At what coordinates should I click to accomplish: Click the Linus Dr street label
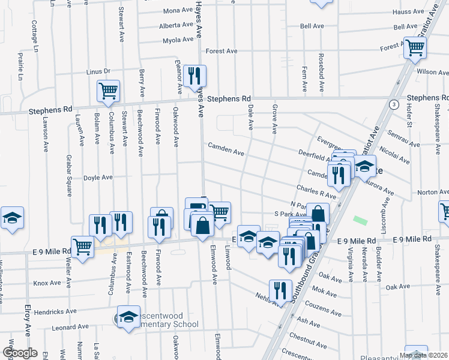click(x=98, y=71)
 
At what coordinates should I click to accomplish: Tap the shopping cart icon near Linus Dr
click(x=108, y=92)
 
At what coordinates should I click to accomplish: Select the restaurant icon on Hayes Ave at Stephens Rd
click(x=194, y=76)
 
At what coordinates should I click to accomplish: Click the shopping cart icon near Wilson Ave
click(x=415, y=49)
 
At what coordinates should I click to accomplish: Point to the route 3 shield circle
click(x=393, y=104)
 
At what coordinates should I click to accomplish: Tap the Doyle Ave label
click(x=98, y=178)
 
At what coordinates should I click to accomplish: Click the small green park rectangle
click(x=360, y=221)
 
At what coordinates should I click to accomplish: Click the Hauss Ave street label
click(x=408, y=11)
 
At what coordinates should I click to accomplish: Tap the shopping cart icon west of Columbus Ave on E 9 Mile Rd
click(x=82, y=246)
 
